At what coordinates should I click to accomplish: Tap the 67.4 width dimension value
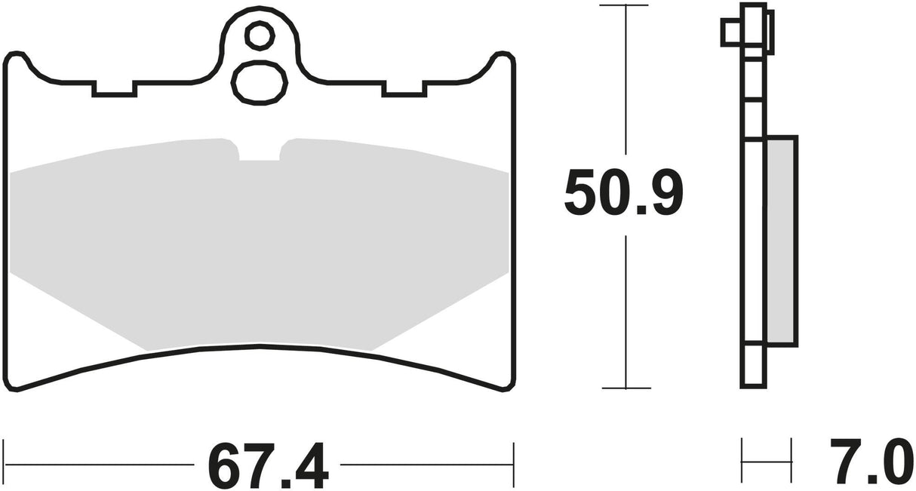[x=269, y=467]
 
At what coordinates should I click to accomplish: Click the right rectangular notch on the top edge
[x=404, y=88]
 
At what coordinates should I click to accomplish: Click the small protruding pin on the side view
[x=730, y=32]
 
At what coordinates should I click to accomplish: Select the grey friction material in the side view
[x=781, y=241]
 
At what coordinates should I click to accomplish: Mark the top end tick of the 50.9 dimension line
[x=625, y=5]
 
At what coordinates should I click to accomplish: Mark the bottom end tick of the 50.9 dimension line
[x=625, y=388]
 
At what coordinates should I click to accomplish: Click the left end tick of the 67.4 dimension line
[x=5, y=459]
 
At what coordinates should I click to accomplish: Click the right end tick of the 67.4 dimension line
[x=514, y=459]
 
